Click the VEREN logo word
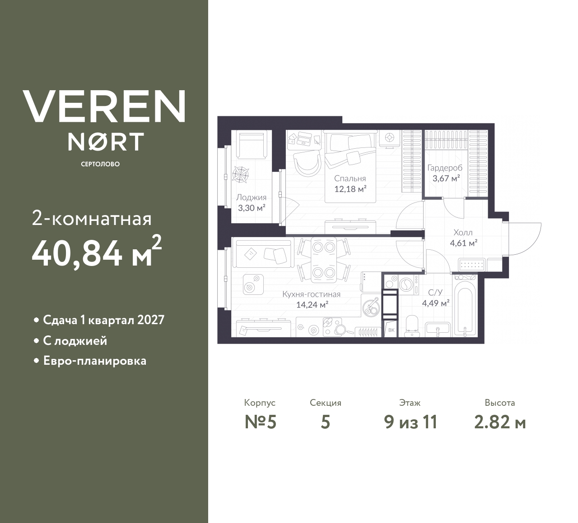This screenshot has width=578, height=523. click(x=104, y=106)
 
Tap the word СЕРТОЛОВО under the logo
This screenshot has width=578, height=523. click(x=100, y=164)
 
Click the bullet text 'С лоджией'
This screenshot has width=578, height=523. click(x=75, y=341)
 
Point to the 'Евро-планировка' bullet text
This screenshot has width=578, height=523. click(x=95, y=361)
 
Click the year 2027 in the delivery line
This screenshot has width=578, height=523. click(x=150, y=320)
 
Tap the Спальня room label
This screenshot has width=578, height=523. click(x=350, y=179)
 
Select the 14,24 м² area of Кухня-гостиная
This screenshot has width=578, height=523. click(x=312, y=305)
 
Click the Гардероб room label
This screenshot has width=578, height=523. click(x=445, y=168)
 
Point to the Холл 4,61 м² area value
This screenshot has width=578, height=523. click(x=464, y=243)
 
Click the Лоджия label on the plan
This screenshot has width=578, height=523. click(x=251, y=197)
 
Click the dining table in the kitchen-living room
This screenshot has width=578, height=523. click(x=323, y=260)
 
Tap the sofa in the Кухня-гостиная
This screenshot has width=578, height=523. click(x=262, y=253)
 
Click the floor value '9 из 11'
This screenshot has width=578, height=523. click(x=410, y=422)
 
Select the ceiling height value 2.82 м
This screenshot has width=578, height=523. click(x=500, y=422)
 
